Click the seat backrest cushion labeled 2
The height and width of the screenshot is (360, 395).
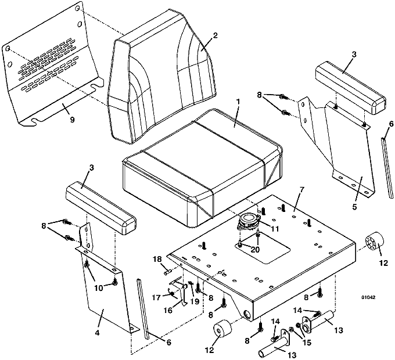click(x=161, y=75)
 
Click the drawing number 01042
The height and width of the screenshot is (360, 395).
click(x=368, y=297)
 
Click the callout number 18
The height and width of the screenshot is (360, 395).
click(x=158, y=260)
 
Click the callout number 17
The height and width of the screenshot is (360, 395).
click(x=156, y=297)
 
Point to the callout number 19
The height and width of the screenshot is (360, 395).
click(x=195, y=301)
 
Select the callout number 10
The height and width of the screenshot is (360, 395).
click(x=99, y=288)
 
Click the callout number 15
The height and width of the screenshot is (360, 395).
click(x=307, y=343)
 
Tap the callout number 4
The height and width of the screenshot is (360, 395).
click(x=98, y=333)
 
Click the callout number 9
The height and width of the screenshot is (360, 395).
click(x=72, y=120)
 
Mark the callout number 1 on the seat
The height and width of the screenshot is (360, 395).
click(x=238, y=102)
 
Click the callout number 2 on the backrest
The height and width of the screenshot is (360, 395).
click(x=214, y=35)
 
